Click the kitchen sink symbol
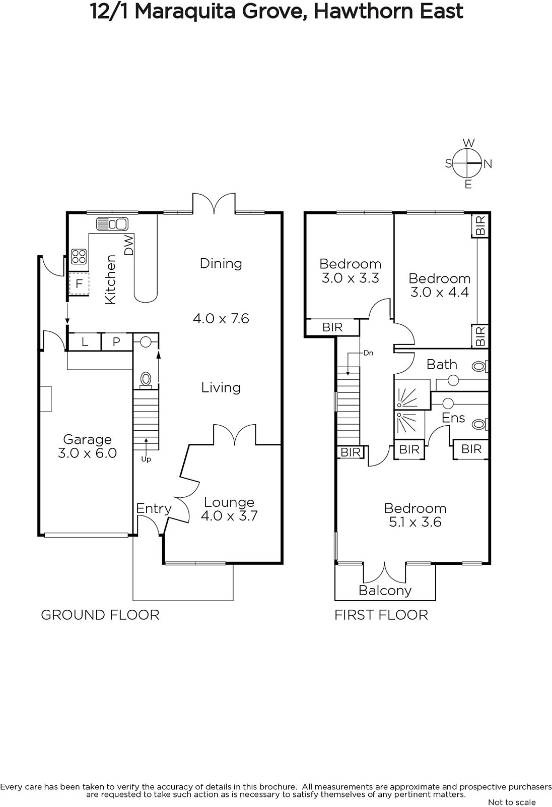click(x=112, y=224)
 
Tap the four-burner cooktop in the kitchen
click(x=79, y=257)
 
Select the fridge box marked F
click(x=79, y=284)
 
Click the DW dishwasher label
click(x=129, y=245)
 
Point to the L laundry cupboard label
click(x=85, y=341)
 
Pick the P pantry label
click(x=116, y=341)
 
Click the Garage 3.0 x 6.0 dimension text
click(x=88, y=453)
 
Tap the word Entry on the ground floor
click(x=154, y=509)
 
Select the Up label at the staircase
click(x=146, y=459)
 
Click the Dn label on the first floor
click(x=369, y=353)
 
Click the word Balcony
click(x=385, y=591)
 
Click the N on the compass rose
click(x=488, y=164)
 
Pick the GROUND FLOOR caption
click(x=100, y=615)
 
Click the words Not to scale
click(x=512, y=802)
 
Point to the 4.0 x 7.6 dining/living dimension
click(x=221, y=318)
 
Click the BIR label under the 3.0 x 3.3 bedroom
click(x=332, y=327)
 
